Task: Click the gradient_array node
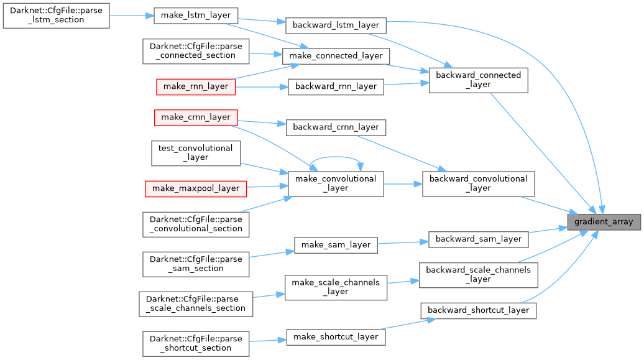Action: click(604, 222)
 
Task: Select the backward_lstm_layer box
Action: click(336, 25)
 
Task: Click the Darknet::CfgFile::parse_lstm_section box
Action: click(56, 15)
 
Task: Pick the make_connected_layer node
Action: click(336, 56)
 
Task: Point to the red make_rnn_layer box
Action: click(195, 86)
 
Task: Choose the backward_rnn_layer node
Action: click(336, 86)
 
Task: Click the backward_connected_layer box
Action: click(478, 80)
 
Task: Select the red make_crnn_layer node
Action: click(195, 117)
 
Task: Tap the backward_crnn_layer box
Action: click(336, 127)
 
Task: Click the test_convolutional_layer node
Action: click(195, 153)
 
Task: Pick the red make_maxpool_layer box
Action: click(195, 188)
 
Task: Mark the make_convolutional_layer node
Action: click(336, 183)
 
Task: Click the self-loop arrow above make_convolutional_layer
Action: click(336, 157)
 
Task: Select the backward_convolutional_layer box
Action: click(478, 183)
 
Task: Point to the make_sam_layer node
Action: click(336, 245)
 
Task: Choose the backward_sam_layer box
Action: click(478, 239)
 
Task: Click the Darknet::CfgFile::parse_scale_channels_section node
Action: click(195, 303)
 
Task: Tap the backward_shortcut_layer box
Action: click(478, 310)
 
